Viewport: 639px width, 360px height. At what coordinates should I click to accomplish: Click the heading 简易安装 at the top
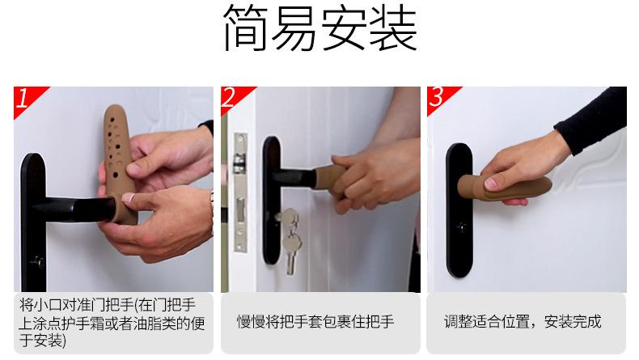(320, 28)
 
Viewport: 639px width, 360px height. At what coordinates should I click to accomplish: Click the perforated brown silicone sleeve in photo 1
(119, 163)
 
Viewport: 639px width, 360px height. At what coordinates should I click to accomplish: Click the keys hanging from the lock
(290, 239)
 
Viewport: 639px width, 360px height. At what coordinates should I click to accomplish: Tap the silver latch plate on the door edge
(240, 192)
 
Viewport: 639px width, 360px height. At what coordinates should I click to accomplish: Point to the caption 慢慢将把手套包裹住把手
(315, 322)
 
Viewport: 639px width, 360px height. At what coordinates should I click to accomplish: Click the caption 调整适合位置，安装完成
(523, 322)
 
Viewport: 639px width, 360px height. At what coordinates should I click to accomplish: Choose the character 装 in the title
(394, 28)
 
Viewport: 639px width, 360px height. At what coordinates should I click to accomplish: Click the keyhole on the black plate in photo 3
(461, 227)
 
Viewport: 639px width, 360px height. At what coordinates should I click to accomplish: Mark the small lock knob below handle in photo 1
(38, 262)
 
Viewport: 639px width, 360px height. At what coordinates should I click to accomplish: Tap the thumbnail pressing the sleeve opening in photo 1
(129, 197)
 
